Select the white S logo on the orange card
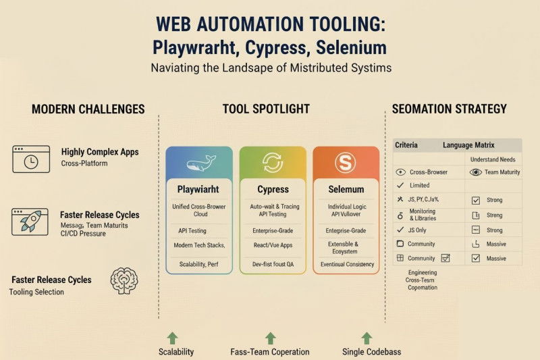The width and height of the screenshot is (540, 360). pos(346,163)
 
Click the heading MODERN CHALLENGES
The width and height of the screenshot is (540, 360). pos(88,109)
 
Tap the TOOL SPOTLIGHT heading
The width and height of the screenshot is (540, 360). pos(266,109)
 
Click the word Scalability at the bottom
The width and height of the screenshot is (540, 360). pos(176,351)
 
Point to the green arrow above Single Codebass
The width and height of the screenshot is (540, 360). pos(367,338)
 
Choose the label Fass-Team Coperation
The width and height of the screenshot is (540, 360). pos(270,351)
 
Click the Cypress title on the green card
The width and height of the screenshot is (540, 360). pos(273,190)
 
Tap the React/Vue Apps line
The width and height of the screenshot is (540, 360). pos(273,246)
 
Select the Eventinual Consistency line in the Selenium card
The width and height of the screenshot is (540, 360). pos(346,264)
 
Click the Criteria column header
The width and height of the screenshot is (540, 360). pos(406,145)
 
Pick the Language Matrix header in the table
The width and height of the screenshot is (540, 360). pos(468,145)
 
